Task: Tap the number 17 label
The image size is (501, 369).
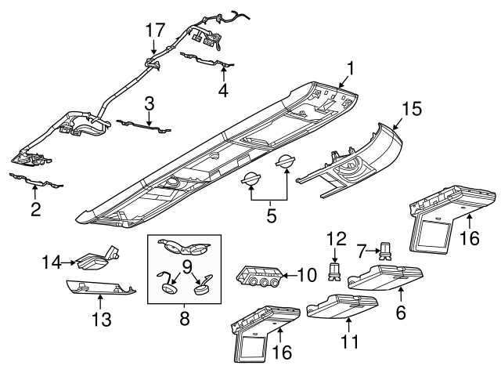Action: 155,30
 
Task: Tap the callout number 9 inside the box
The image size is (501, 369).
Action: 186,267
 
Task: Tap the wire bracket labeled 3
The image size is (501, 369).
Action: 146,124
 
